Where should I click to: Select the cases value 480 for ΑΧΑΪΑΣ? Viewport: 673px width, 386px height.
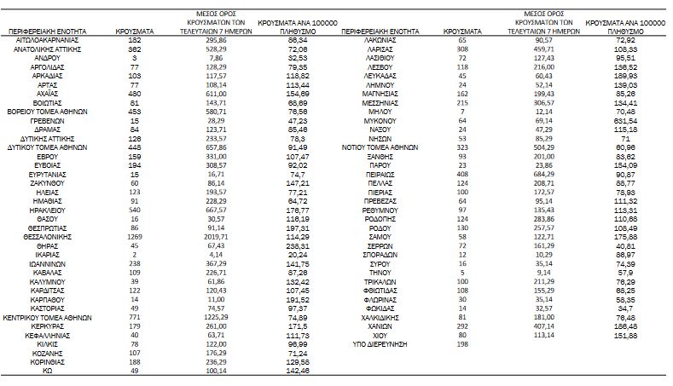click(x=134, y=93)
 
